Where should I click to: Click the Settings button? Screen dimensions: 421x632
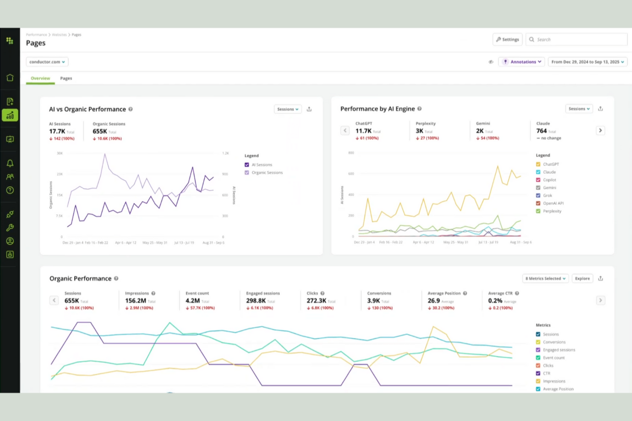point(507,39)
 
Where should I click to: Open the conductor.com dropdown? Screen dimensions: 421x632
point(47,62)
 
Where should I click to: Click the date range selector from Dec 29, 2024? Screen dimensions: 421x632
point(587,62)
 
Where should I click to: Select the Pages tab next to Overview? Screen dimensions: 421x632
point(66,78)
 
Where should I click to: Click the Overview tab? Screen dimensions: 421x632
point(40,78)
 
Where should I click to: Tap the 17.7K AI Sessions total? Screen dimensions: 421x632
point(57,131)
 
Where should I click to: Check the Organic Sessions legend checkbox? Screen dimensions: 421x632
point(247,173)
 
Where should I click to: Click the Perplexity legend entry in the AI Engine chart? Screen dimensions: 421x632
point(552,211)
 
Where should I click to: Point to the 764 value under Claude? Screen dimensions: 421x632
point(541,131)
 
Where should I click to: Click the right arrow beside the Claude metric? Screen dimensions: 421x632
point(600,131)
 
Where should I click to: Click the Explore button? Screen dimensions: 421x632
point(582,279)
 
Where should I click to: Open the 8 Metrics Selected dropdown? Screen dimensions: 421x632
point(545,279)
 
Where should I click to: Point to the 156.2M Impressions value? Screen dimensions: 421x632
point(135,301)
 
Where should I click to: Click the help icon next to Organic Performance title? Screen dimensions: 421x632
point(116,279)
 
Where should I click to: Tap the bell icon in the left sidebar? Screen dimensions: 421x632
point(10,163)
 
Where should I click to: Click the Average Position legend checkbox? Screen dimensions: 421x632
point(538,389)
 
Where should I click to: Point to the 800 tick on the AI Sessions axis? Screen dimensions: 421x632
point(351,153)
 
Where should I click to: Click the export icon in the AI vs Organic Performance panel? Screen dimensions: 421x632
point(309,109)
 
